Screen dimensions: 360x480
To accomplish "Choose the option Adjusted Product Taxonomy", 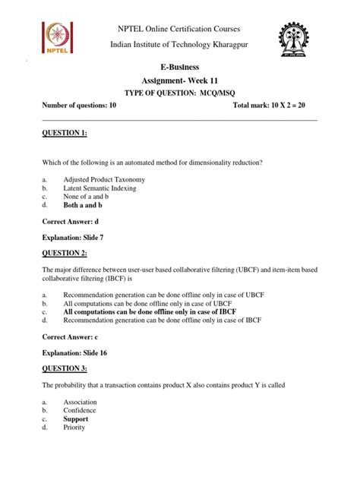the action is point(104,179).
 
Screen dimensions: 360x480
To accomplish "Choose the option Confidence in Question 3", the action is point(81,410).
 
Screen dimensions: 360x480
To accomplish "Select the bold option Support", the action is point(76,418).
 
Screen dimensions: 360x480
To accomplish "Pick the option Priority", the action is point(74,427).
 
